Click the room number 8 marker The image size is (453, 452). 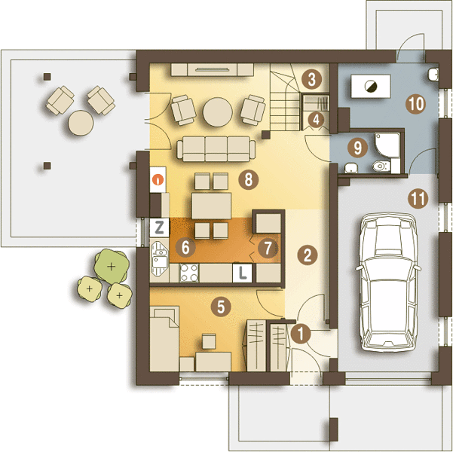pos(249,179)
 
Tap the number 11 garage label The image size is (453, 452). pos(418,198)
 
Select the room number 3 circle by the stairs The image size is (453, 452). pos(311,79)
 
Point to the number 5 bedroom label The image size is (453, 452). pos(221,307)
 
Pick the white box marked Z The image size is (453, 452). pos(159,228)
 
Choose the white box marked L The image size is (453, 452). pos(242,273)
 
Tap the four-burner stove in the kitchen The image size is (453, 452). pos(189,273)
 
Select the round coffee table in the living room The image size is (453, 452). pos(218,112)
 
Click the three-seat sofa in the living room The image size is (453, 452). pos(216,149)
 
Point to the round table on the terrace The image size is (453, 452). pos(81,123)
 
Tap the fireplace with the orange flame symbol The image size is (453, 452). pos(158,179)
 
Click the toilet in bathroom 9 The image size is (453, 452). pos(381,166)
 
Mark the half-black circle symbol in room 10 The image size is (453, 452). pos(370,87)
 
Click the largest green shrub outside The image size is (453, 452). pos(112,266)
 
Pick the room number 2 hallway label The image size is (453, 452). pos(307,255)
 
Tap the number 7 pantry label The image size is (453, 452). pos(268,248)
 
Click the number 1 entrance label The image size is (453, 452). pos(301,334)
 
